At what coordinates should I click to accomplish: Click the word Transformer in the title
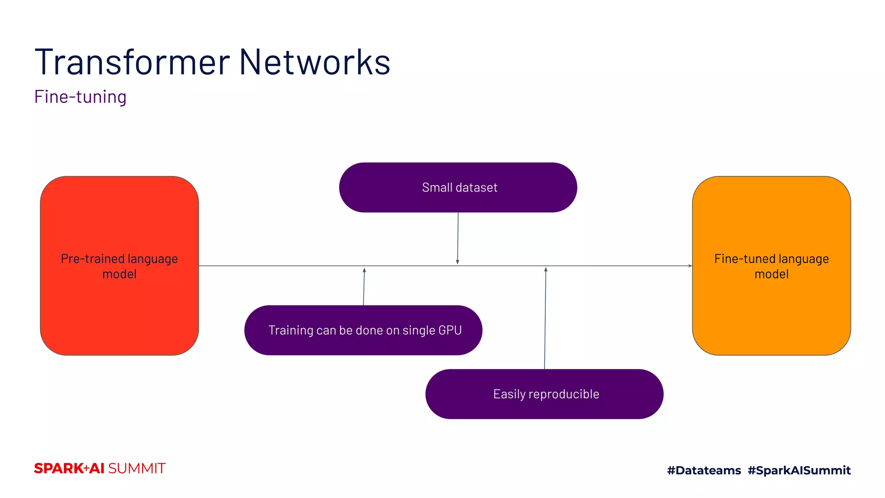[x=132, y=62]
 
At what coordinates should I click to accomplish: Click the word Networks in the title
[x=314, y=62]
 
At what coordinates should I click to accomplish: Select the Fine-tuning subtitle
[x=80, y=97]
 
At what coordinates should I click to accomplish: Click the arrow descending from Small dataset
[x=458, y=238]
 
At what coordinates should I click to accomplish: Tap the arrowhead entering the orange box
[x=690, y=266]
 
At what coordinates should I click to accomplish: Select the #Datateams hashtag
[x=704, y=470]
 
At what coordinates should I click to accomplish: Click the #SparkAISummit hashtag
[x=799, y=470]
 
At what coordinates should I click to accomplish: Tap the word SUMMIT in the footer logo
[x=137, y=469]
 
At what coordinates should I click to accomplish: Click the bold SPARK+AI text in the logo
[x=69, y=469]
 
